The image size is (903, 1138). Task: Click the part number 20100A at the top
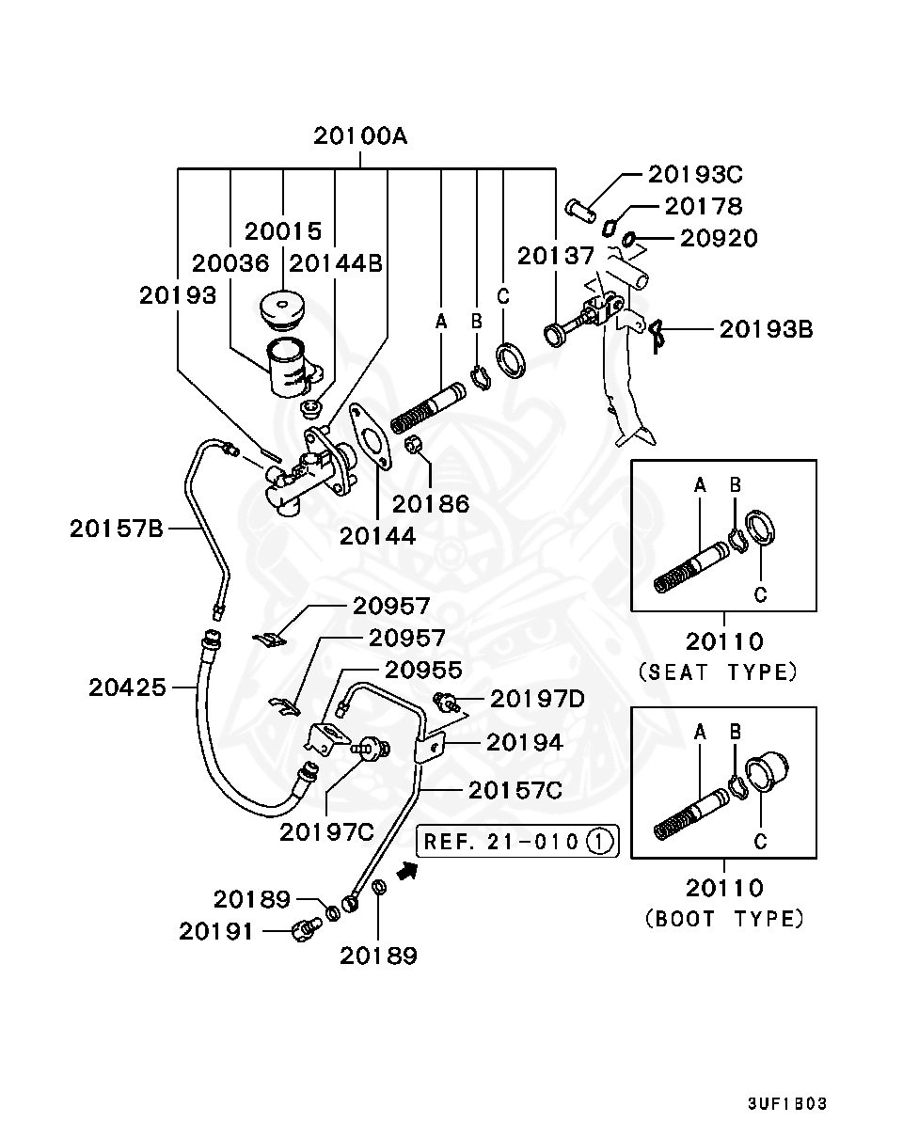[x=361, y=136]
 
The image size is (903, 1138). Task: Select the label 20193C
[x=695, y=174]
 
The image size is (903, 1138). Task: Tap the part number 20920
[x=719, y=238]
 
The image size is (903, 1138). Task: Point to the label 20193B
[x=767, y=329]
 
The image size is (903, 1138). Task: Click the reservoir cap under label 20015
[x=281, y=309]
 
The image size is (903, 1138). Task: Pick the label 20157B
[x=117, y=529]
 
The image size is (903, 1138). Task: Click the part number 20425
[x=128, y=688]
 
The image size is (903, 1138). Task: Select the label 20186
[x=430, y=503]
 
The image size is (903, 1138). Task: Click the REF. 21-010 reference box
[x=518, y=840]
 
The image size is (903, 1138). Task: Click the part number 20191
[x=216, y=931]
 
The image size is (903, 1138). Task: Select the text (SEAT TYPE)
[x=718, y=672]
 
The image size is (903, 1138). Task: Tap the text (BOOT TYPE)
[x=724, y=918]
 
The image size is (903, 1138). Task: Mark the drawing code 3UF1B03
[x=787, y=1103]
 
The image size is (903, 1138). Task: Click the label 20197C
[x=326, y=832]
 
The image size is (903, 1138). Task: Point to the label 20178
[x=704, y=206]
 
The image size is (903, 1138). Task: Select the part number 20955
[x=423, y=670]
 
